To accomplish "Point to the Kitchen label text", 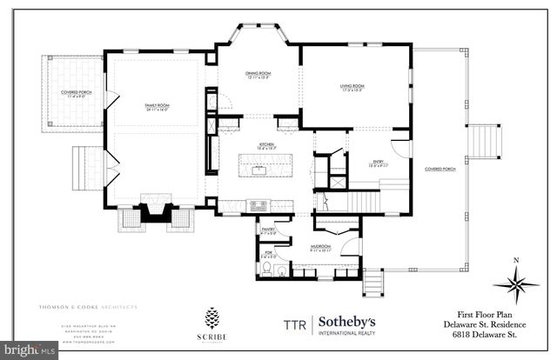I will coord(255,145).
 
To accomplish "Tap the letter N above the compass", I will coord(514,259).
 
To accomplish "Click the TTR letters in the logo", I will coord(295,324).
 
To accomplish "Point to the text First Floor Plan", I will coord(497,315).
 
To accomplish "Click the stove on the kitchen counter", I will coord(259,205).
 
